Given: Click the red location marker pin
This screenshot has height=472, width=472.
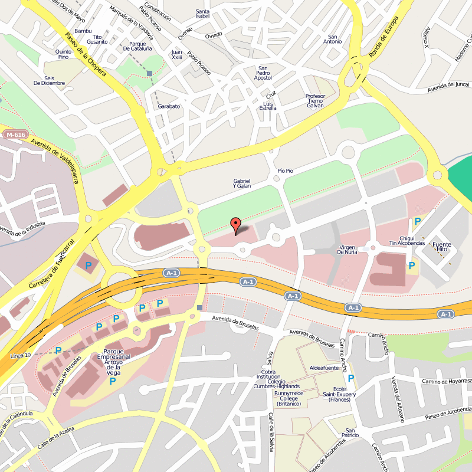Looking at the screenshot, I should click(x=235, y=225).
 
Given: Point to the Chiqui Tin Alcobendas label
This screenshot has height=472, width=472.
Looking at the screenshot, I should click(x=407, y=240).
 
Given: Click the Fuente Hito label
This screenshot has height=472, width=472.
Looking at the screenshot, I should click(x=441, y=247).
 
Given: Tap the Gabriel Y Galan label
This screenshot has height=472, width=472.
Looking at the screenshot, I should click(x=242, y=183).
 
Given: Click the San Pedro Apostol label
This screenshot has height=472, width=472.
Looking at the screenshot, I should click(x=263, y=74).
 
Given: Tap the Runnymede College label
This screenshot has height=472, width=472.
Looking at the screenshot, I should click(x=289, y=398).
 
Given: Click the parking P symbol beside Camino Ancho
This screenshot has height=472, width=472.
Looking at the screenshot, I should click(x=351, y=378).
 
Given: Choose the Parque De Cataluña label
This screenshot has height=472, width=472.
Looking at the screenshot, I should click(x=138, y=46).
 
